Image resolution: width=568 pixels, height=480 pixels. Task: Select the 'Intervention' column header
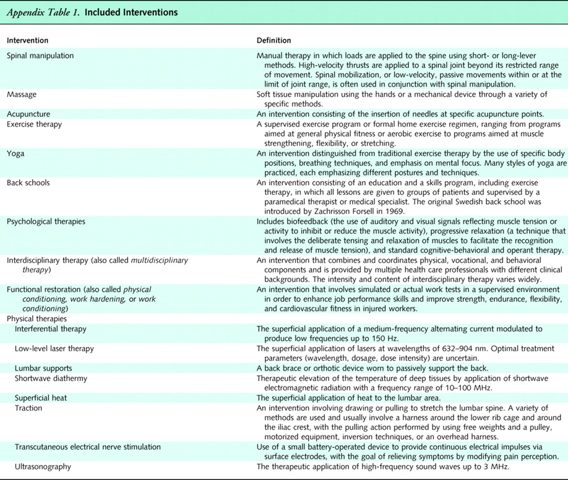[27, 41]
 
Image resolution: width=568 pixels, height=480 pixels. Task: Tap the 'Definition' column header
[273, 41]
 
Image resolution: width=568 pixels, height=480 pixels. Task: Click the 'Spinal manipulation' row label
[40, 56]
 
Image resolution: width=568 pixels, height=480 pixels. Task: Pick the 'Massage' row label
[22, 94]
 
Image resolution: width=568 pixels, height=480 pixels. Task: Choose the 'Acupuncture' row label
[28, 114]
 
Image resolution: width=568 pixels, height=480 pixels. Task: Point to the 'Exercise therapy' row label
[35, 124]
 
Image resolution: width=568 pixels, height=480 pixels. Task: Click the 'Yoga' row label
[15, 154]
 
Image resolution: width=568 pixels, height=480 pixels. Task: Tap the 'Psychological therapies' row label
[46, 221]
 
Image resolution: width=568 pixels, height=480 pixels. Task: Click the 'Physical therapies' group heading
[37, 319]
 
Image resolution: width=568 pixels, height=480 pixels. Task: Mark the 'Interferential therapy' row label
[51, 329]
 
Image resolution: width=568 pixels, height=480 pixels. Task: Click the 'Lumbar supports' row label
[43, 368]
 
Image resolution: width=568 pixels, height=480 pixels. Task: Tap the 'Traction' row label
[28, 408]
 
